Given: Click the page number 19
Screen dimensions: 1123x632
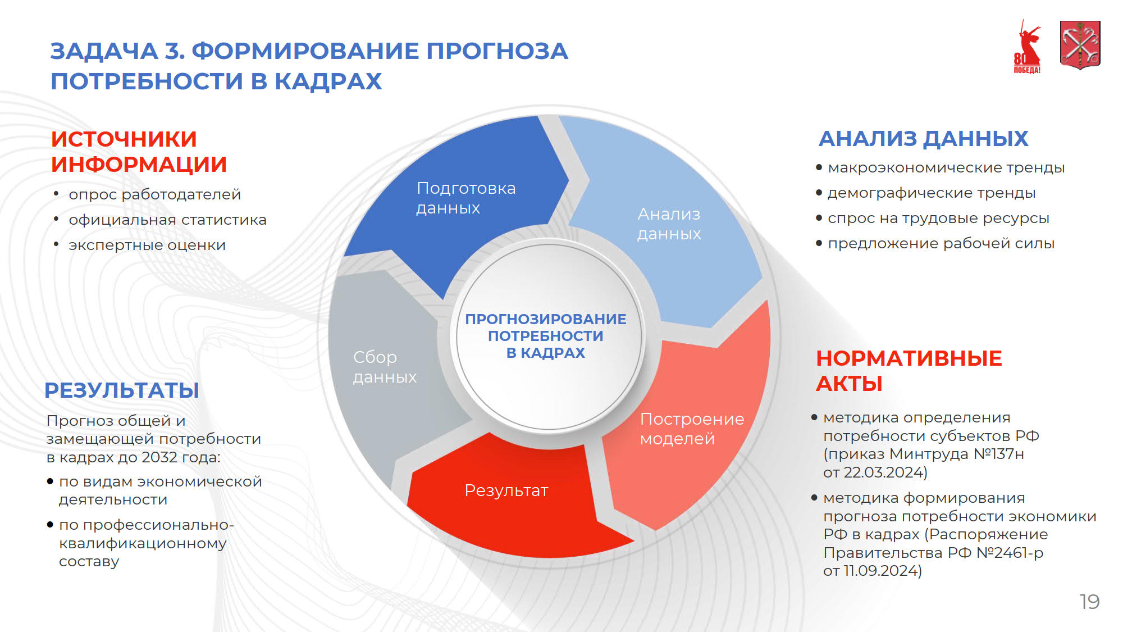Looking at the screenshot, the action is [x=1089, y=602].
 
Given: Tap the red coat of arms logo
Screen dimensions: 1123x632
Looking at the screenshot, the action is [x=1080, y=45].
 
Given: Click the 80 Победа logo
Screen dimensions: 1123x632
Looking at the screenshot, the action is [x=1027, y=47].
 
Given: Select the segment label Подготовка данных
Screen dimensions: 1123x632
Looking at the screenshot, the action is [x=465, y=198].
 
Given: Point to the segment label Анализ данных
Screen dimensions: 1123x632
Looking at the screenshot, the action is [x=669, y=224].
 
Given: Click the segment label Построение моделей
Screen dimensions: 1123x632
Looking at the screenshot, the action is [x=692, y=429].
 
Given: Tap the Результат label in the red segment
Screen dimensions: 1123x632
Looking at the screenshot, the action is [x=506, y=490].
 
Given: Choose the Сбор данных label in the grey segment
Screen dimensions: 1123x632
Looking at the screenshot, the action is [x=385, y=367].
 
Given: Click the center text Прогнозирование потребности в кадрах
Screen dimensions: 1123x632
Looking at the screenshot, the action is [x=545, y=336].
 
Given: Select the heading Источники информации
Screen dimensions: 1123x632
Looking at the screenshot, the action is [x=139, y=152].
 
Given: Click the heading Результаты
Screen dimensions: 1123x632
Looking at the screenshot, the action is [x=122, y=390].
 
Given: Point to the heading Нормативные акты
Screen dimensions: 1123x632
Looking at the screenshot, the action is [x=909, y=371].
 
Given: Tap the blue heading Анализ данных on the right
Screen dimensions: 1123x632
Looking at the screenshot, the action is [x=923, y=139].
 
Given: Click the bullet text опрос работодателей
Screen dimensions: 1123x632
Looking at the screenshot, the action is [x=154, y=194].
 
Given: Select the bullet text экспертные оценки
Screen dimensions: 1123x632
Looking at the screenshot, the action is [x=147, y=245].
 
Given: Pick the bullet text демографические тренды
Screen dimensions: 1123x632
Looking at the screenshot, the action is [x=932, y=193].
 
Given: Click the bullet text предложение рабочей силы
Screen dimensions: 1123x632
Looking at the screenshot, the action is [x=941, y=243].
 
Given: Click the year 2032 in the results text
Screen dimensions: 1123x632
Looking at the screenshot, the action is [x=159, y=457].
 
